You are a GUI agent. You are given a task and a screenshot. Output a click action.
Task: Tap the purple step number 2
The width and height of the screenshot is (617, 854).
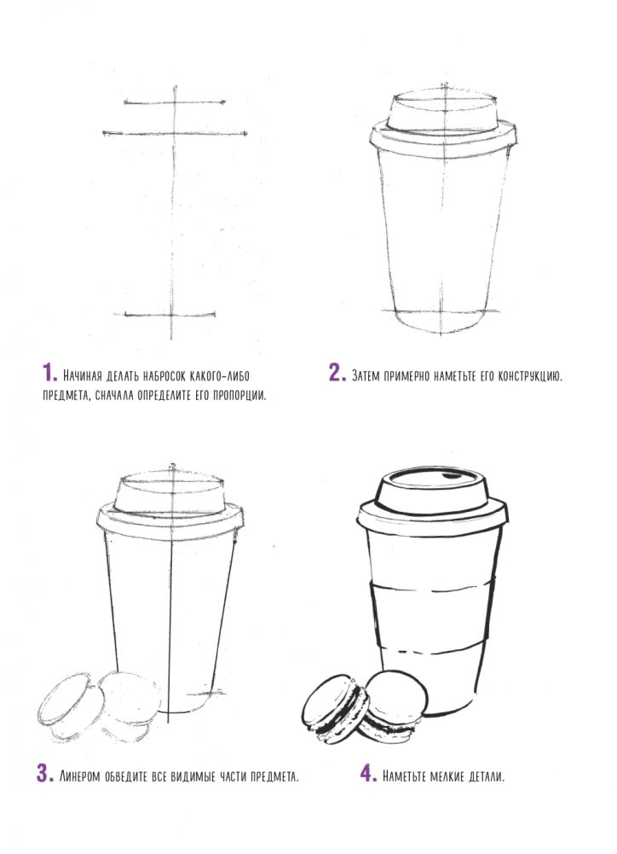click(337, 373)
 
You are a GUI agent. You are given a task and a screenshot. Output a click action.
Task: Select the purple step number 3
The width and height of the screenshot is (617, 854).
click(44, 774)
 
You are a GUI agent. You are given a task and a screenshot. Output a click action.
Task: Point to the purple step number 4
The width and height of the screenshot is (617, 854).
click(368, 774)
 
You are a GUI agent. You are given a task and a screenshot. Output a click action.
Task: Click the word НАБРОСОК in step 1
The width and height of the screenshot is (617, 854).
click(162, 375)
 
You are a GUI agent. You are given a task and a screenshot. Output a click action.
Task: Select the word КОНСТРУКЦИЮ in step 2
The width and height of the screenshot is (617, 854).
click(529, 375)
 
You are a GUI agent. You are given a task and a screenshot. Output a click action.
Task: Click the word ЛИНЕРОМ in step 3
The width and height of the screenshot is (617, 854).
click(79, 776)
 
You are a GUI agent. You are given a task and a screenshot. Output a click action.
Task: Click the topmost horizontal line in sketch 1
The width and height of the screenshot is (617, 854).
click(175, 102)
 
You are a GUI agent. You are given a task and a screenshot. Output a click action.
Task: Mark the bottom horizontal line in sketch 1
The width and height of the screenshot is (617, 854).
click(170, 314)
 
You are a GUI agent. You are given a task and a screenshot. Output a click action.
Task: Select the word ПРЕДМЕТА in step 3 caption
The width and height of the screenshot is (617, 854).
click(274, 776)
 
